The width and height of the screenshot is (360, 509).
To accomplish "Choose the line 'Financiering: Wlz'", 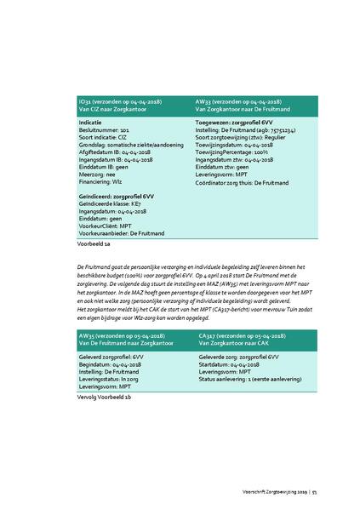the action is (x=103, y=181).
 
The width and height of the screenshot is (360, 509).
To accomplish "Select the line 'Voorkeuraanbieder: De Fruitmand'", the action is (x=122, y=232).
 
